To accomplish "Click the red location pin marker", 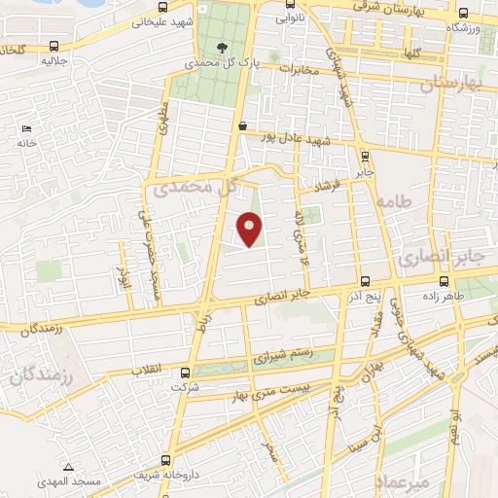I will pos(250,229).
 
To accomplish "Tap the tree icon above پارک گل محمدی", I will pos(223,46).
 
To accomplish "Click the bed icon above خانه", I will pos(26,128).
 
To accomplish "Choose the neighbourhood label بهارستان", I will pos(451,86).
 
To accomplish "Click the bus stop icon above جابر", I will pos(364,156).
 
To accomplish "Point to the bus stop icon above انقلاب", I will pos(187,370).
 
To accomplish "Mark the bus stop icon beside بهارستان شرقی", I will pos(461,14).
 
